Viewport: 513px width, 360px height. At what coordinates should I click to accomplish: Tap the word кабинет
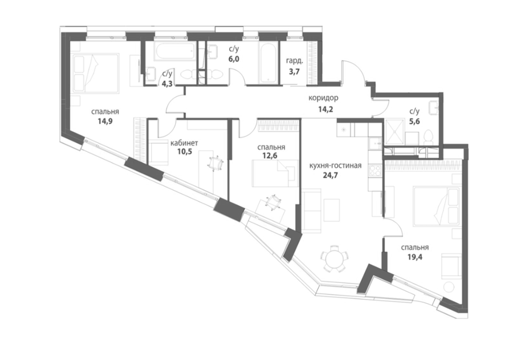tap(185, 143)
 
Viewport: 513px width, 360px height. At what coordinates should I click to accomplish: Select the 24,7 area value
tap(330, 175)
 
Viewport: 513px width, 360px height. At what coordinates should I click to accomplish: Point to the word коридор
tap(323, 98)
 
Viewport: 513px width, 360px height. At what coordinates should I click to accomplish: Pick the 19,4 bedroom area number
tap(415, 257)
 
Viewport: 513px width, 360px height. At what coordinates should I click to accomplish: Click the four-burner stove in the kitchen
tap(375, 171)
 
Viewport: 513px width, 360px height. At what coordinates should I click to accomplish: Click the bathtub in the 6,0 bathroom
tap(268, 63)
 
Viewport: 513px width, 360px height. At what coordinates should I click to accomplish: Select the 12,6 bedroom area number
tap(270, 156)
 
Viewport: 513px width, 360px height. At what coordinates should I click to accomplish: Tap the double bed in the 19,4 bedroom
tap(437, 206)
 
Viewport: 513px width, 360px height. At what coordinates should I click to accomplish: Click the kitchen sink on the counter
tap(375, 142)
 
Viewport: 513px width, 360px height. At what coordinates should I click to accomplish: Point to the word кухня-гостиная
tap(336, 166)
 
